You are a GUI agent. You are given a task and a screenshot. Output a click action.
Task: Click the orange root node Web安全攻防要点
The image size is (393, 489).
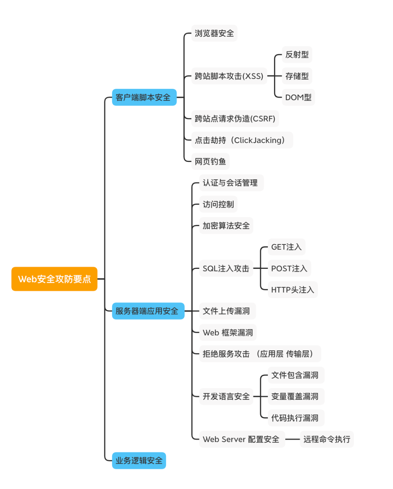(x=54, y=279)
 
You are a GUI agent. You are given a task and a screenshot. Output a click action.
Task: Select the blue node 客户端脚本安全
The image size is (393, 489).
(x=144, y=98)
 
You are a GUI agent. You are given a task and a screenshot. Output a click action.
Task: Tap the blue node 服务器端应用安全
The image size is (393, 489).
(x=148, y=311)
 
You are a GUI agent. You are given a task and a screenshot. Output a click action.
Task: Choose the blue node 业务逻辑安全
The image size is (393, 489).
(x=139, y=461)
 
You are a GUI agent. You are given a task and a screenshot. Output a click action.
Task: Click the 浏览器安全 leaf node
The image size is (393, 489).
(x=214, y=33)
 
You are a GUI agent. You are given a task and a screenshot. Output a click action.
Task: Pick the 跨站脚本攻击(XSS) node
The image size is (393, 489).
(x=229, y=76)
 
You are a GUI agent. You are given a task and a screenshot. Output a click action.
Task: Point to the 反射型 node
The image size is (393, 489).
(x=297, y=55)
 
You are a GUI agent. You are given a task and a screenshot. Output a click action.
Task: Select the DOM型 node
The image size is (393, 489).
(x=298, y=98)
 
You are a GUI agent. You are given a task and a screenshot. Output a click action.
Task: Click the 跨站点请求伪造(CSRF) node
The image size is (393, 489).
(x=235, y=119)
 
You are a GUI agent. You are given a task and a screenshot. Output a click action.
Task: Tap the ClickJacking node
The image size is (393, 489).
(x=242, y=140)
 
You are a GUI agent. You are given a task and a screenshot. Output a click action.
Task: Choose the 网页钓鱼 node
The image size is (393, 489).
(x=210, y=162)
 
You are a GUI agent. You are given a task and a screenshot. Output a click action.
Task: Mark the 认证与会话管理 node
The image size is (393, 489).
(x=231, y=183)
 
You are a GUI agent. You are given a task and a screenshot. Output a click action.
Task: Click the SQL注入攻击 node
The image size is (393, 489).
(x=226, y=269)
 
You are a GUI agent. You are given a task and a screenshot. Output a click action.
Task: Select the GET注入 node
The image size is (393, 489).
(x=286, y=247)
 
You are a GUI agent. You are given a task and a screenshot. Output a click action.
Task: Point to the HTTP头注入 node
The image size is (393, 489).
(x=292, y=290)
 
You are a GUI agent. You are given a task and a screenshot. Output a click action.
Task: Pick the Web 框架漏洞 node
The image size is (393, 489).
(x=227, y=333)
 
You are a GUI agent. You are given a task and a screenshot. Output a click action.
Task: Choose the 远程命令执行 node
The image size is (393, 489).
(x=326, y=439)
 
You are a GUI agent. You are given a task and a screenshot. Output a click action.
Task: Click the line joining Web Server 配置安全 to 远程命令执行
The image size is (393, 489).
(x=292, y=439)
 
